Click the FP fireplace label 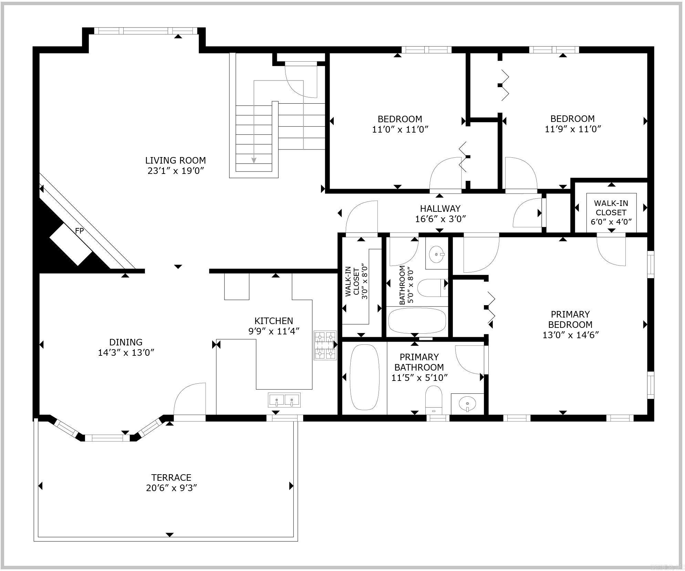[x=79, y=231]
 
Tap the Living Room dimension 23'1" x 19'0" [x=176, y=171]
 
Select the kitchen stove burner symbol [x=325, y=345]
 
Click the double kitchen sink [x=284, y=400]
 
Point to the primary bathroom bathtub [x=364, y=377]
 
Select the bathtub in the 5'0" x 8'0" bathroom [x=417, y=320]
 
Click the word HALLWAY [x=440, y=209]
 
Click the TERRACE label [x=171, y=477]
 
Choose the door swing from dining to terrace [x=189, y=399]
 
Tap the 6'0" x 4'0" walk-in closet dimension [x=611, y=222]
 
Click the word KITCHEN [x=273, y=321]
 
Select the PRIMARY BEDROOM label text [x=570, y=319]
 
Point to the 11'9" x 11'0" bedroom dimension [x=573, y=129]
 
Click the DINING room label [x=126, y=342]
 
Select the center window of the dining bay [x=107, y=438]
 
